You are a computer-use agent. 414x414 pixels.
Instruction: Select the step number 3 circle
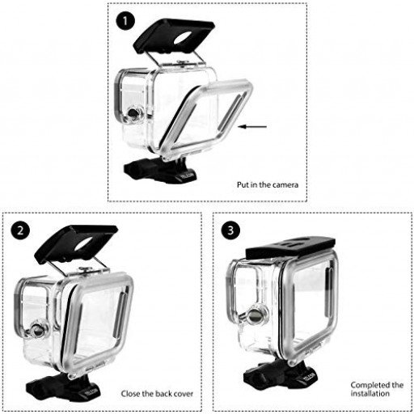232,230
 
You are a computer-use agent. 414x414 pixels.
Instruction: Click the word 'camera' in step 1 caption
284,185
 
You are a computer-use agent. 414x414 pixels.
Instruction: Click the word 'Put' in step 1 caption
244,185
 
